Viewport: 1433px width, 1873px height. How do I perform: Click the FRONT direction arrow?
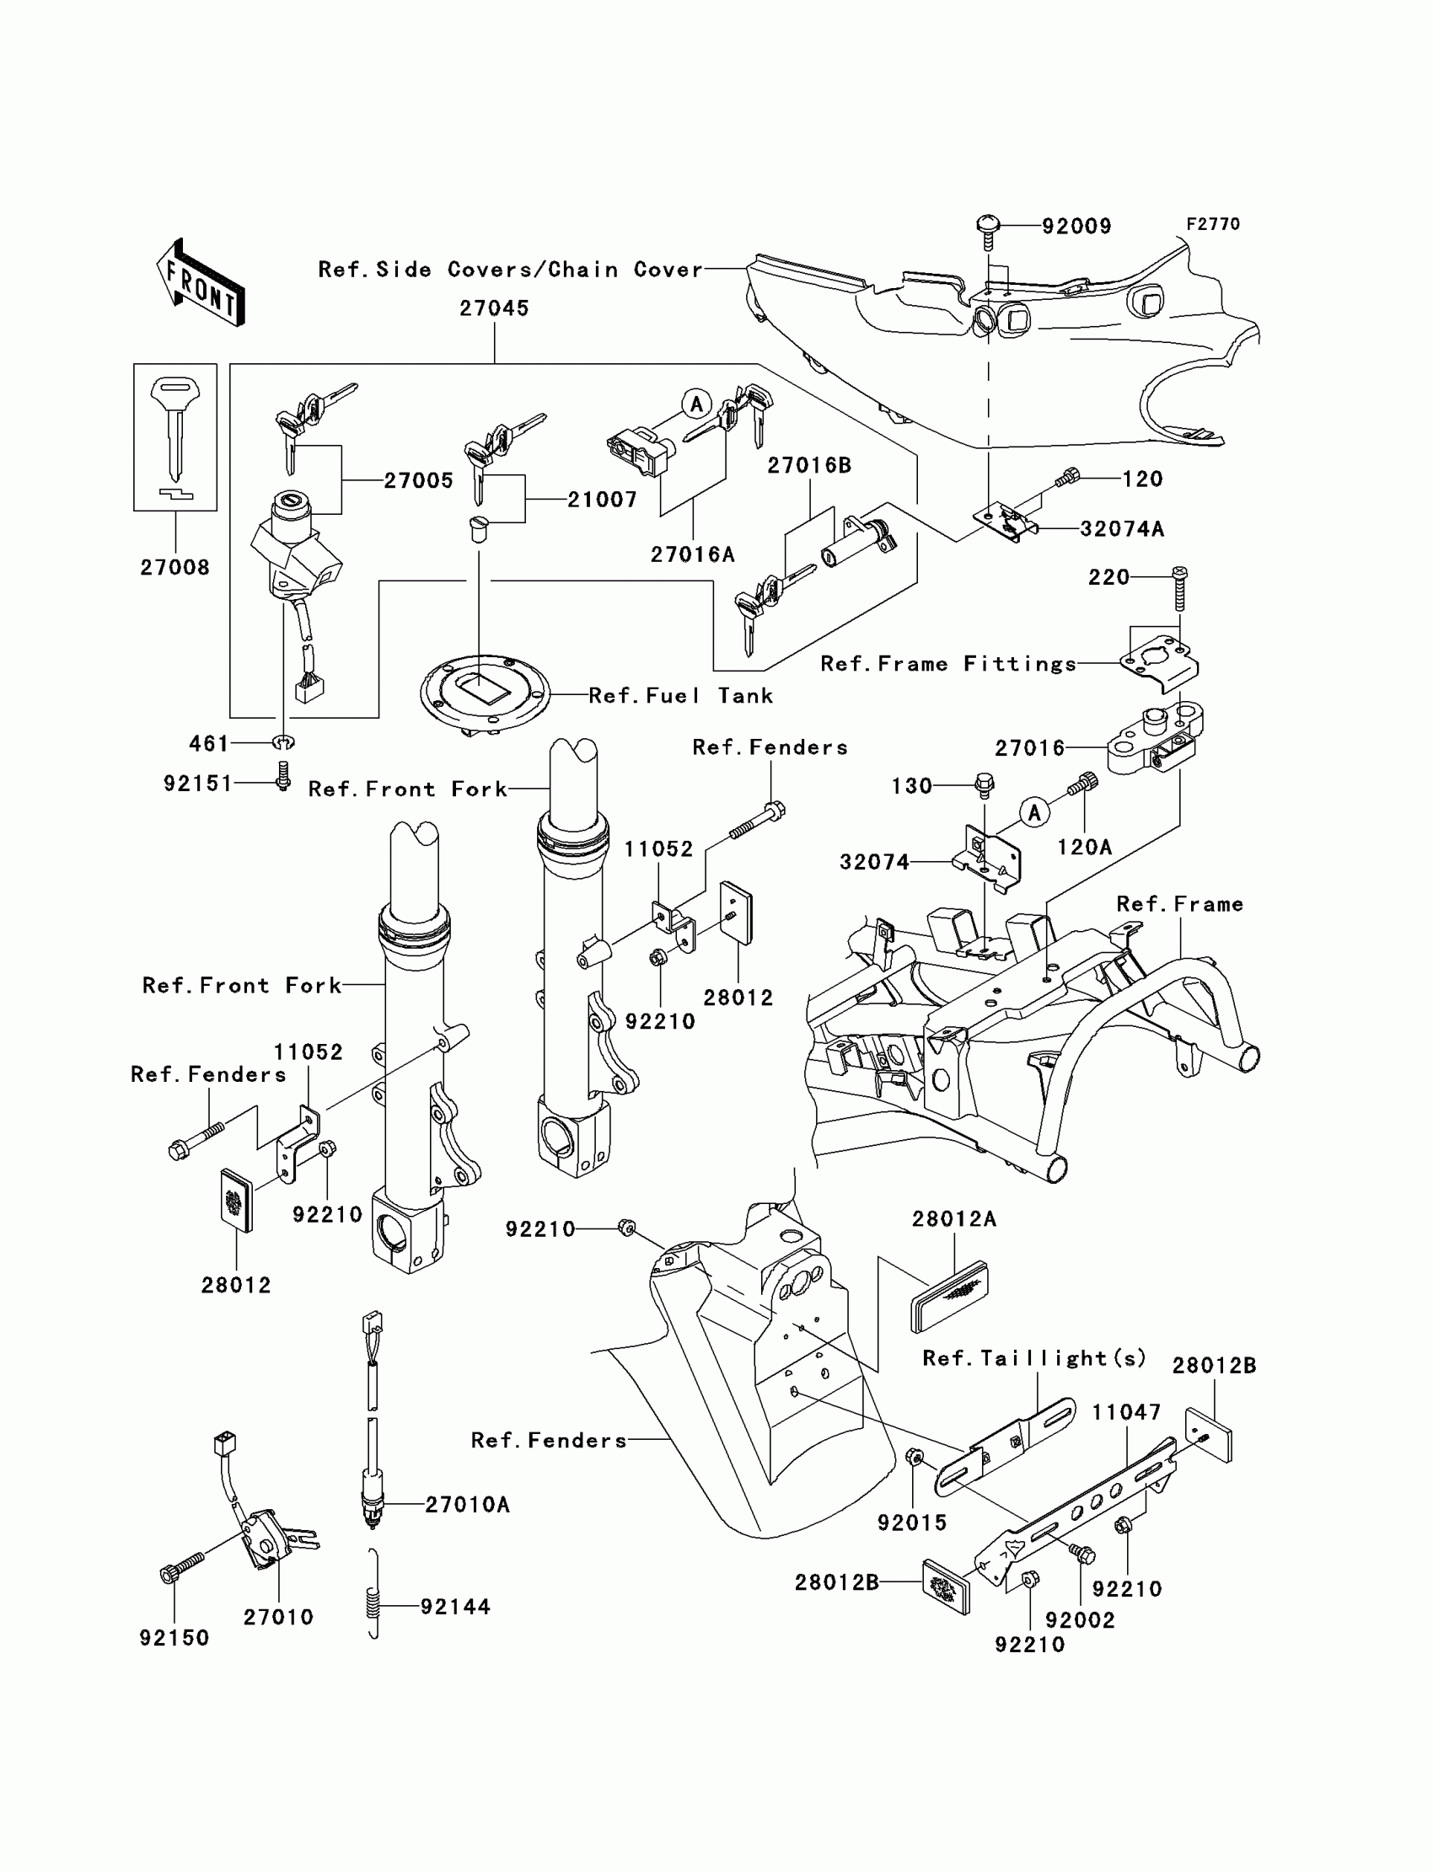point(201,285)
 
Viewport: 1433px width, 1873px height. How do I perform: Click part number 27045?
point(494,308)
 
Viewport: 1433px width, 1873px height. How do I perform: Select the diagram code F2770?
point(1213,224)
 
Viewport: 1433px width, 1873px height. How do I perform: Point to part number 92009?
point(1076,227)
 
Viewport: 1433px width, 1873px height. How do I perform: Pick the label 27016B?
point(808,465)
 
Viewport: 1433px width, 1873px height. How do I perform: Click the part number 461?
point(208,744)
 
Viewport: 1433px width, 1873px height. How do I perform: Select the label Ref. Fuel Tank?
point(681,696)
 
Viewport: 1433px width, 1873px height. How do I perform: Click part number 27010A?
point(468,1505)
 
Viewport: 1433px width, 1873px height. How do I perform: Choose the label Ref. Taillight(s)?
point(1033,1358)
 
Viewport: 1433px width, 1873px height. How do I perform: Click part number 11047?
point(1126,1413)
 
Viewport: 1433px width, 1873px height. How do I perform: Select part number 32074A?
point(1122,529)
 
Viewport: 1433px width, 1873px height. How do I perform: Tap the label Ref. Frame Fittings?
point(948,664)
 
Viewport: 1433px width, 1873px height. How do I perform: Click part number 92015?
point(912,1522)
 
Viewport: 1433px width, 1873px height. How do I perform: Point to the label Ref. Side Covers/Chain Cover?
point(510,270)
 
